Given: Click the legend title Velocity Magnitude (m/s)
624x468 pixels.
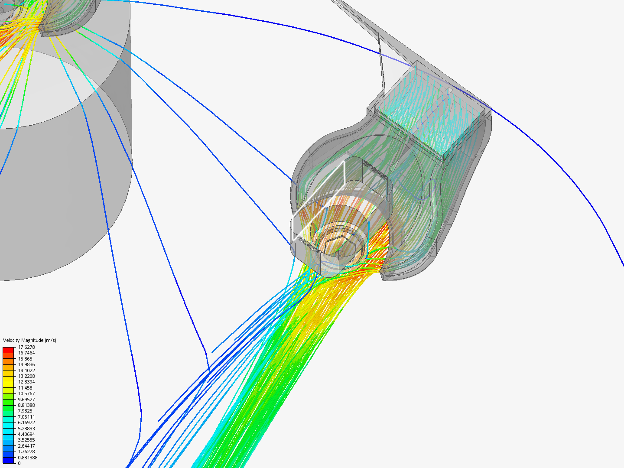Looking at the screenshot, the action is [x=29, y=340].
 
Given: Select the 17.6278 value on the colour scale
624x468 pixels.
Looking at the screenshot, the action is [x=26, y=347].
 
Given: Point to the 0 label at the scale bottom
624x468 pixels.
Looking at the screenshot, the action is [x=19, y=463].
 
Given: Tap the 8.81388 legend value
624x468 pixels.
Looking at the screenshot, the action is [x=26, y=405].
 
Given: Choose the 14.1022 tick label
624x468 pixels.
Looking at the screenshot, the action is [x=26, y=370].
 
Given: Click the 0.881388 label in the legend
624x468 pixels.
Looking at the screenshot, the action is [x=28, y=458].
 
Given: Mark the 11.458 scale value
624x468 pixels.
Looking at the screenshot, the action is [x=25, y=387].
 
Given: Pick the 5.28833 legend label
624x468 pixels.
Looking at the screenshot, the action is [x=26, y=429].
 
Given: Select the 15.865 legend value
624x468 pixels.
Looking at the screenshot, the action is [x=25, y=359].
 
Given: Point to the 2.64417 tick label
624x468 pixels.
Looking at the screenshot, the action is [x=26, y=446].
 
